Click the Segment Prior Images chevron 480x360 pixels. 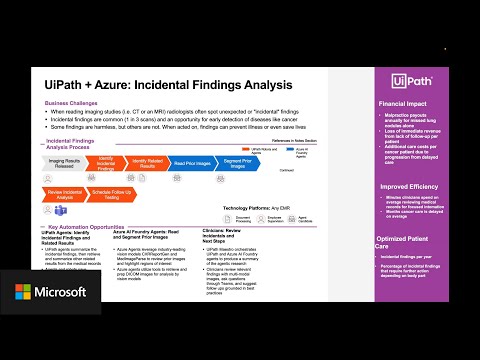pyautogui.click(x=237, y=162)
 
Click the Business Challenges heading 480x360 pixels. pyautogui.click(x=71, y=102)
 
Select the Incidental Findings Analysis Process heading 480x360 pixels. pyautogui.click(x=70, y=144)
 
